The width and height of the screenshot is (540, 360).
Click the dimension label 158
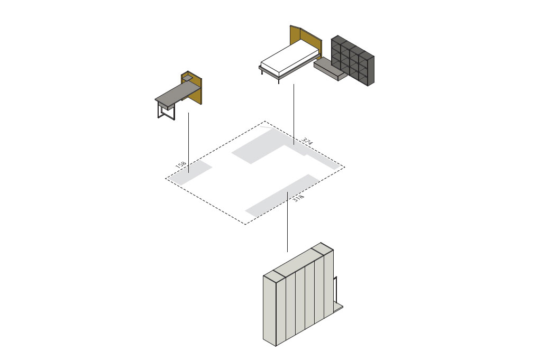point(181,165)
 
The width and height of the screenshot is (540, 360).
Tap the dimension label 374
point(307,141)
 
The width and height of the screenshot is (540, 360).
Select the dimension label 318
point(299,198)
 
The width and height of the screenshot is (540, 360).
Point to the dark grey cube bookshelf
point(353,61)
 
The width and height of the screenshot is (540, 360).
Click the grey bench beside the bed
point(330,68)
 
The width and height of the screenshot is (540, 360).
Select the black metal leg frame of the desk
point(167,112)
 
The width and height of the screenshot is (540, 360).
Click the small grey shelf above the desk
point(187,79)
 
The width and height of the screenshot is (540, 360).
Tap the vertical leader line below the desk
point(188,143)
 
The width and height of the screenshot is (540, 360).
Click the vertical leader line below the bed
point(294,114)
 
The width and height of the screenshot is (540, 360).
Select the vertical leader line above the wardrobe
point(287,221)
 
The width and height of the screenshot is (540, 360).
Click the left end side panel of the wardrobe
point(270,311)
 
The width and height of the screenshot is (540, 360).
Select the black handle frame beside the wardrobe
point(335,289)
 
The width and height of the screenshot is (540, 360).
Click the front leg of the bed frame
point(278,80)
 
